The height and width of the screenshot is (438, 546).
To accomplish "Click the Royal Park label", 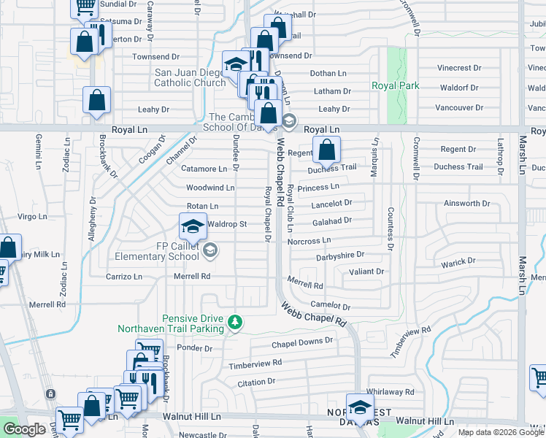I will pyautogui.click(x=396, y=85).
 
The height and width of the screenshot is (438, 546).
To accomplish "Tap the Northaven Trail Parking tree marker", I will pyautogui.click(x=235, y=321).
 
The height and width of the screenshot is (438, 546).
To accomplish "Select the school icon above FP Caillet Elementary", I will pyautogui.click(x=193, y=226).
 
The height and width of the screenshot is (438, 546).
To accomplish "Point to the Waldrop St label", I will pyautogui.click(x=228, y=224).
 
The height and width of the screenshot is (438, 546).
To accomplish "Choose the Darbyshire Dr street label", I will pyautogui.click(x=339, y=256).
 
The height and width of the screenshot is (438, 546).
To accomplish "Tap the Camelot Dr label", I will pyautogui.click(x=330, y=307).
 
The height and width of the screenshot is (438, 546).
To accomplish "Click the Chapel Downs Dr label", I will pyautogui.click(x=301, y=341).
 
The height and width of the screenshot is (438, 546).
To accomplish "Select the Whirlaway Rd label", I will pyautogui.click(x=391, y=392).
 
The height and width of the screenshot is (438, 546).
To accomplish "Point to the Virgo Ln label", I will pyautogui.click(x=32, y=217).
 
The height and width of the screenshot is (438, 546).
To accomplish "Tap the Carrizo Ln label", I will pyautogui.click(x=123, y=277).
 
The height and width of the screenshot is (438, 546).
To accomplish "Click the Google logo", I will pyautogui.click(x=25, y=430).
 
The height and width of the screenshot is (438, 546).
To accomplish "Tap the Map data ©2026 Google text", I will pyautogui.click(x=500, y=432).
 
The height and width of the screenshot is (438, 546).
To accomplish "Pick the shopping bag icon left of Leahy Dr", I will pyautogui.click(x=97, y=101).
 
